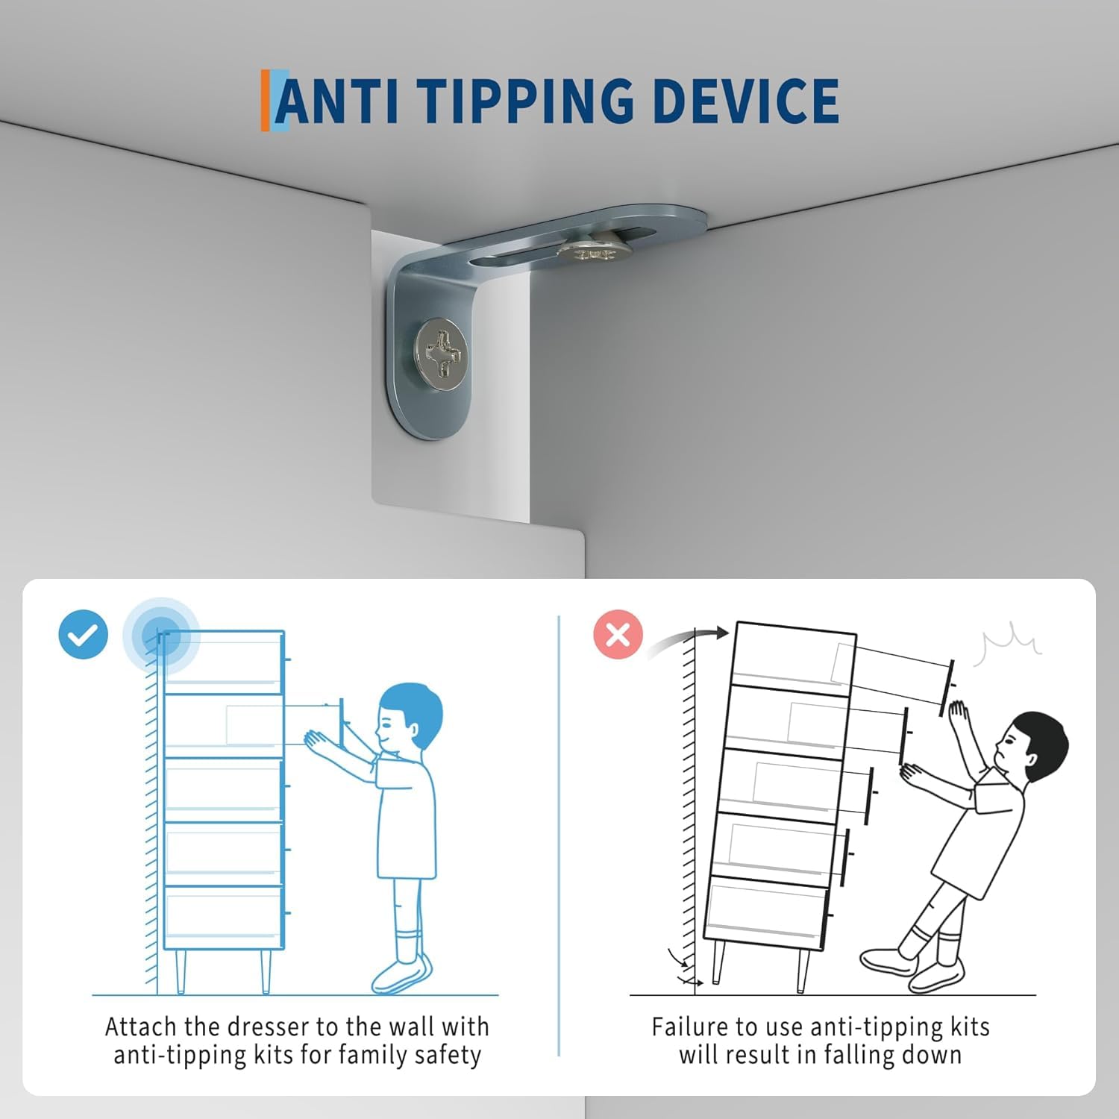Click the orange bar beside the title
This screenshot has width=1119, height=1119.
265,101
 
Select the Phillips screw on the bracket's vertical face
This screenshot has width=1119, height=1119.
442,354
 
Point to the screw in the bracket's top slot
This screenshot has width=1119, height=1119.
593,247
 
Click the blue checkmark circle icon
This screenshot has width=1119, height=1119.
84,635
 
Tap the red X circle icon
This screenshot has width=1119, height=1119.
618,635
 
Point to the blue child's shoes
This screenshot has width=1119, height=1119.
401,973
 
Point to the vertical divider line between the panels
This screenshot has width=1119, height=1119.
559,836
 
